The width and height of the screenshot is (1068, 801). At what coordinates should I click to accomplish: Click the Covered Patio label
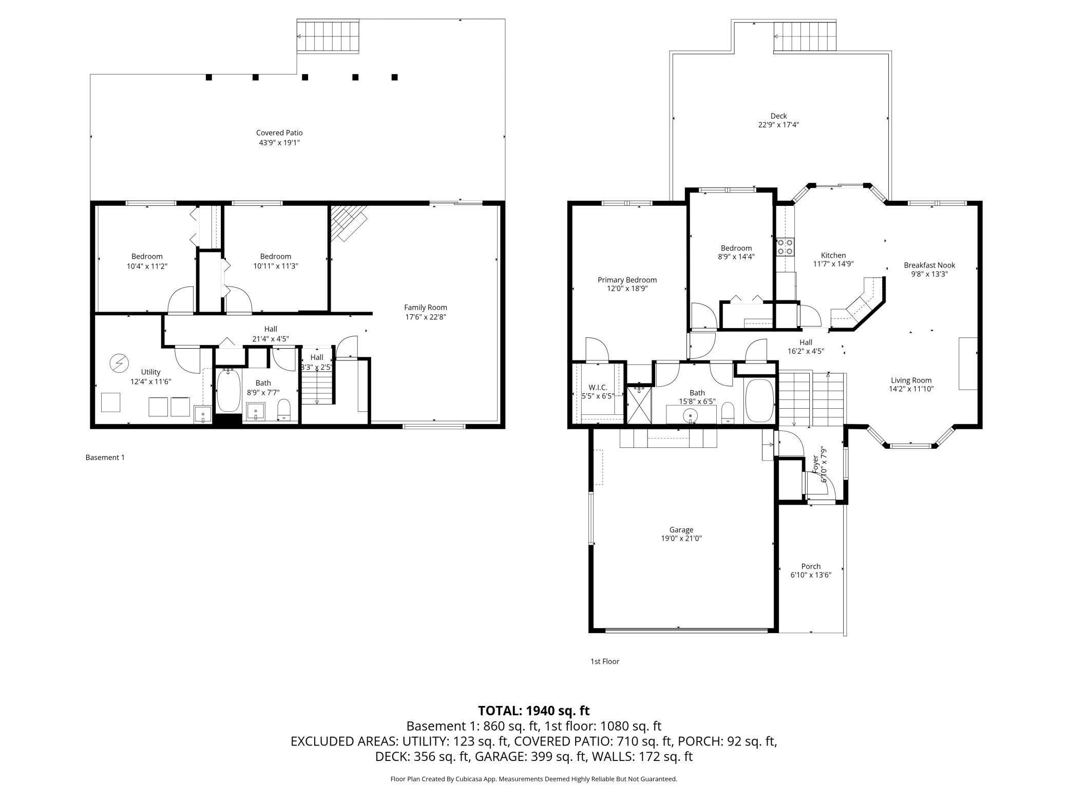(x=279, y=133)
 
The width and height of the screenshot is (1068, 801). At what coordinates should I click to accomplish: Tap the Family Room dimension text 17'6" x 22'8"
(x=425, y=317)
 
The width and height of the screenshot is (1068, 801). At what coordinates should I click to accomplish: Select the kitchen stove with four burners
(x=786, y=246)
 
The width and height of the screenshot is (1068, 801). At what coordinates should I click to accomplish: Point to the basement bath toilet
(x=284, y=410)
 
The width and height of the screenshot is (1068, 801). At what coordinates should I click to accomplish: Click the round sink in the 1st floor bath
(x=691, y=414)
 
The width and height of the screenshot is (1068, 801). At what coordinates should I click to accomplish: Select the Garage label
(x=681, y=530)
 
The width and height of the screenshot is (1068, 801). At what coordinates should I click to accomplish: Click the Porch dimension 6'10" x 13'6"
(x=811, y=575)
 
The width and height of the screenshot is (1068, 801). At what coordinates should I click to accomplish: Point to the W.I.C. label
(x=598, y=388)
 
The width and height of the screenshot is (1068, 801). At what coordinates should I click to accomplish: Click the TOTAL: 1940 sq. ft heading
(x=534, y=711)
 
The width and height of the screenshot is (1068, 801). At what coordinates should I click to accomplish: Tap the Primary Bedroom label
(x=627, y=280)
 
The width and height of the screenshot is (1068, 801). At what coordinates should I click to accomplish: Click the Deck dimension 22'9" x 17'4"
(x=778, y=125)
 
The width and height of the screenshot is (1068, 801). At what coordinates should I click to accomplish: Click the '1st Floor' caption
(x=605, y=661)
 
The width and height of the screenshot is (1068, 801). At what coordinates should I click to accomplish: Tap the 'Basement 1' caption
(x=105, y=457)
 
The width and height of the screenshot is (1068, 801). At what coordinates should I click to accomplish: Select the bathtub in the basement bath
(x=228, y=390)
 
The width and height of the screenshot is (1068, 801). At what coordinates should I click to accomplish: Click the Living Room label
(x=911, y=380)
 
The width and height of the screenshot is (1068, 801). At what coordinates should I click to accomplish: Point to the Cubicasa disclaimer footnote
(x=534, y=779)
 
